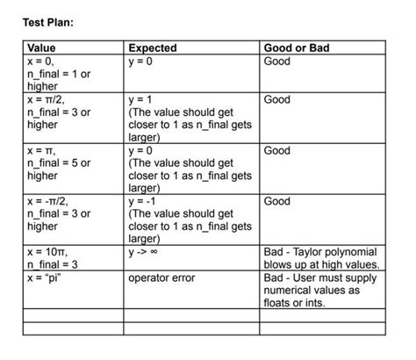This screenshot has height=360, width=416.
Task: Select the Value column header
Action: (x=41, y=48)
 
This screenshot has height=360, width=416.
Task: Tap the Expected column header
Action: (x=153, y=48)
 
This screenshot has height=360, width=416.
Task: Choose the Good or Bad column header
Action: (x=297, y=48)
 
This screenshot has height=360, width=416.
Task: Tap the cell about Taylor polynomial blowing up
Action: (x=321, y=258)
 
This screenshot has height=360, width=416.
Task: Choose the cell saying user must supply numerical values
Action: (x=321, y=290)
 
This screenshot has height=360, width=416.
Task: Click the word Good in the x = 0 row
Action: (x=277, y=61)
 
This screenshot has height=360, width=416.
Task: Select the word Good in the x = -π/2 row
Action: (x=277, y=201)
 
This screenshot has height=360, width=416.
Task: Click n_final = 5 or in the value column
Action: (x=59, y=163)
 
